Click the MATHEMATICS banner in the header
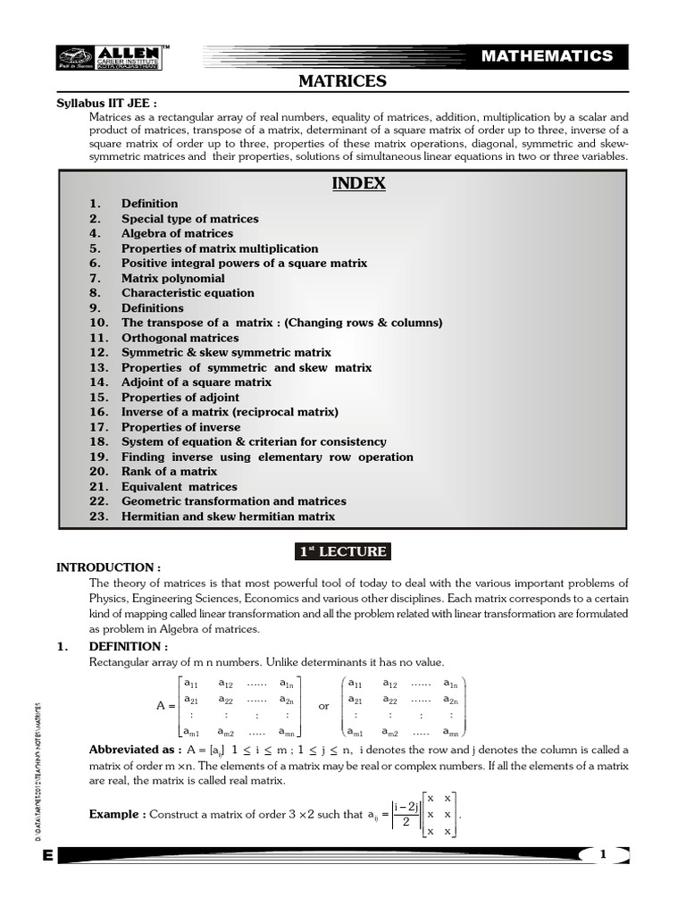(x=547, y=56)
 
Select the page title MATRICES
(x=342, y=82)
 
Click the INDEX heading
(x=358, y=183)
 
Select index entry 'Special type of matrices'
(x=189, y=219)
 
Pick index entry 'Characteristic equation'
(x=188, y=293)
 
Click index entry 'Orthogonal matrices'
(x=180, y=338)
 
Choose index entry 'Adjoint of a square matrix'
(x=196, y=382)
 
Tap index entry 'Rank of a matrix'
(x=169, y=472)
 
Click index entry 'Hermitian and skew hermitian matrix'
(x=228, y=516)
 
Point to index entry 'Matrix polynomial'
(x=172, y=278)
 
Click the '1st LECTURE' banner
(x=343, y=551)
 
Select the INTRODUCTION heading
(x=108, y=567)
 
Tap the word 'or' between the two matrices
(x=323, y=705)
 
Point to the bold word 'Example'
(x=117, y=815)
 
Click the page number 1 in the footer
(x=603, y=855)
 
